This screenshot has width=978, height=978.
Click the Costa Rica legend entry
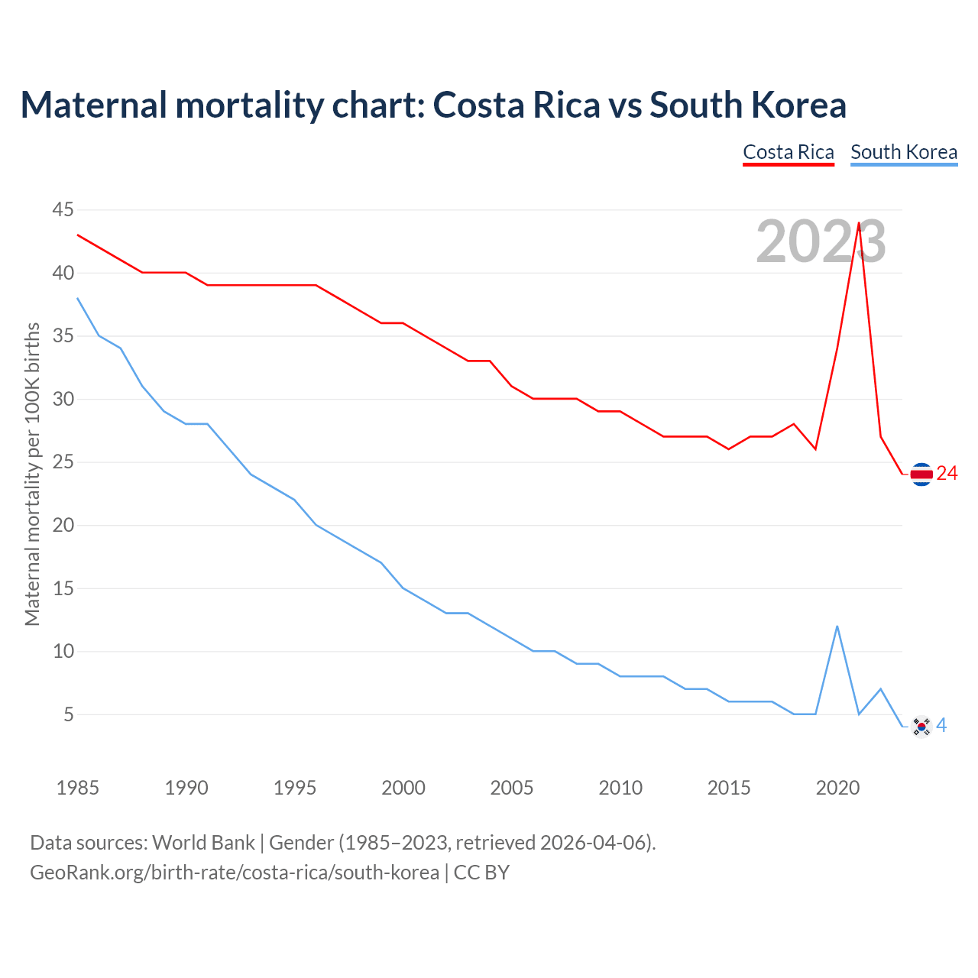click(789, 152)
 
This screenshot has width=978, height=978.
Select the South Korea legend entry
click(904, 152)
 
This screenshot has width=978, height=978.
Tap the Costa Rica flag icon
click(921, 474)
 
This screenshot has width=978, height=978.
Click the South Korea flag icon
click(921, 727)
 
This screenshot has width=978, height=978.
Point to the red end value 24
click(947, 474)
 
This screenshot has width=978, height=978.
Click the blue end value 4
click(941, 726)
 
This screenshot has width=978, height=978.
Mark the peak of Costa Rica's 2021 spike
click(859, 223)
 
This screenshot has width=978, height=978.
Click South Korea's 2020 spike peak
click(837, 627)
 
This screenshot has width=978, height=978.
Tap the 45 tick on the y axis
click(63, 209)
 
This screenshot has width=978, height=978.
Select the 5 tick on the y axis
click(69, 714)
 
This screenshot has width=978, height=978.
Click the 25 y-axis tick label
click(63, 462)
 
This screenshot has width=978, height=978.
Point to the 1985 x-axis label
click(78, 788)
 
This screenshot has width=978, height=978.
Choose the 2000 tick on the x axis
click(403, 788)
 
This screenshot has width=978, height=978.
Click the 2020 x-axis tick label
click(837, 788)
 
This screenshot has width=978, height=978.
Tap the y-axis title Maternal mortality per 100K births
click(32, 474)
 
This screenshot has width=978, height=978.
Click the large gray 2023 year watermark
click(821, 241)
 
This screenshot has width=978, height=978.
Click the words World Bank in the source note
click(203, 843)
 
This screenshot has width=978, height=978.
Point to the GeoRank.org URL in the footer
click(235, 873)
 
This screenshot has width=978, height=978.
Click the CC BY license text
click(481, 873)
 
